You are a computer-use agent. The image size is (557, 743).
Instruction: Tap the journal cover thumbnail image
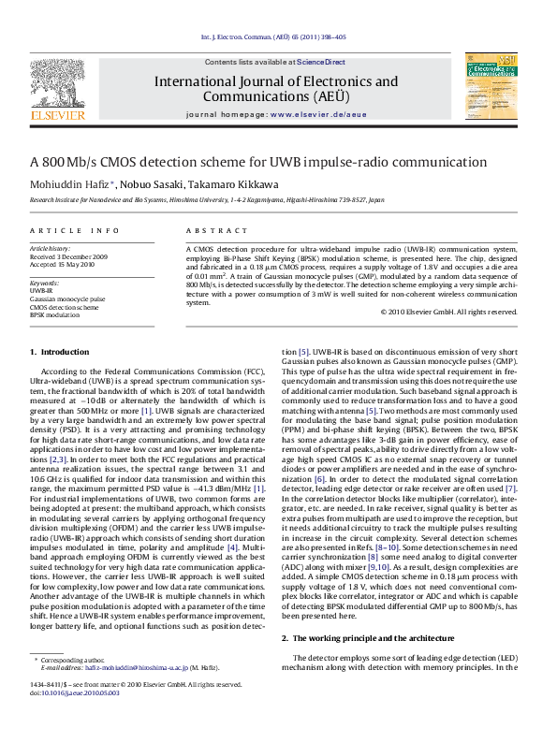click(x=491, y=86)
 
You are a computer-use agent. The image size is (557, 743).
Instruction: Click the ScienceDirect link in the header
click(x=321, y=62)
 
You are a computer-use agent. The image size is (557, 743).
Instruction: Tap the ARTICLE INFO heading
click(x=75, y=229)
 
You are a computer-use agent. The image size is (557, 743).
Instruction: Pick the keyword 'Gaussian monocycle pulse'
click(x=67, y=299)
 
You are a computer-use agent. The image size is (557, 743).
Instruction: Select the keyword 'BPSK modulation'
click(x=55, y=314)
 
